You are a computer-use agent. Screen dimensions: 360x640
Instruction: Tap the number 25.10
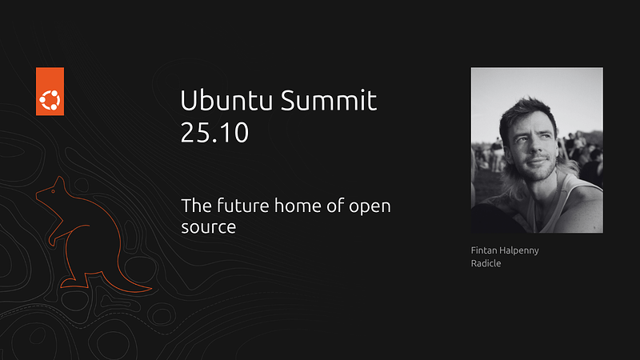tap(214, 132)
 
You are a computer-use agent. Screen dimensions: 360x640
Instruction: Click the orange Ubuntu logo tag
tap(50, 92)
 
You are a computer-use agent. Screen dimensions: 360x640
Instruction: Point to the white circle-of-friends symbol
tap(50, 101)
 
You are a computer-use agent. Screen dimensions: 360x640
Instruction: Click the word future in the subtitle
tap(238, 206)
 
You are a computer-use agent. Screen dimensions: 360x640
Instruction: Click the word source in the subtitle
tap(208, 227)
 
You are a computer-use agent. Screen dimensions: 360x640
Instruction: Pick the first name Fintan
tap(484, 250)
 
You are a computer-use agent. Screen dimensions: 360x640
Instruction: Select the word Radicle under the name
tap(486, 263)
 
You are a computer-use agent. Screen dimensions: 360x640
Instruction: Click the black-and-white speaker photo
tap(536, 150)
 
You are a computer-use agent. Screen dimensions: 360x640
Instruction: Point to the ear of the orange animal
tap(58, 181)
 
